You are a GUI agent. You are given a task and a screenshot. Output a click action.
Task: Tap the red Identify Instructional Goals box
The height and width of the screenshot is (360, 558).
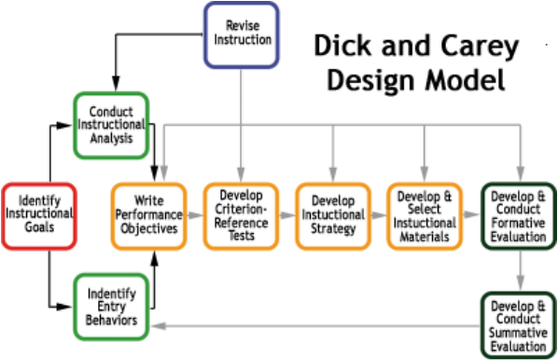point(38,215)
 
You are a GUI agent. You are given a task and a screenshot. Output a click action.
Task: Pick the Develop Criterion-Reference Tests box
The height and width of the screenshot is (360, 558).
point(242,215)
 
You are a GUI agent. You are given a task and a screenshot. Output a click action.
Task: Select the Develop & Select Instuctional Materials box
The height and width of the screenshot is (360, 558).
point(425,215)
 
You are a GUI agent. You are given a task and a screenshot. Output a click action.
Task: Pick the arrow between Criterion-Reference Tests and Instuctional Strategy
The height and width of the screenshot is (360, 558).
point(287,215)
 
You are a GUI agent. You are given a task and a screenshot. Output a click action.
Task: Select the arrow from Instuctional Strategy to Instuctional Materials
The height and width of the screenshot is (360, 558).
point(378,215)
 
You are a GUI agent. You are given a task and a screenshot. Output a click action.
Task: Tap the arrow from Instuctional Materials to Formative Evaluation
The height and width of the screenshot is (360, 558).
point(470,215)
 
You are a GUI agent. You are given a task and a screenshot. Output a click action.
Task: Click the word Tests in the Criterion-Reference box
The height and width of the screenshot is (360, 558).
point(242,236)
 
